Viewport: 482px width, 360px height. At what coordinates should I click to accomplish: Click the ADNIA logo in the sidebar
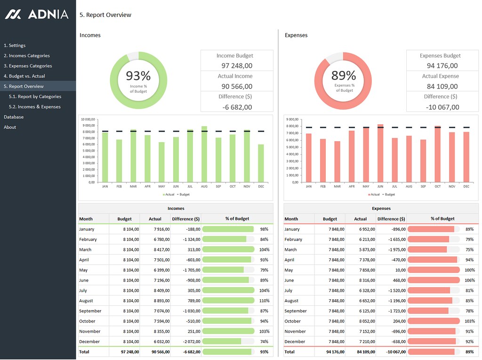[x=37, y=14]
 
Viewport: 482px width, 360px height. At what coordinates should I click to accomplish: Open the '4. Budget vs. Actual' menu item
[x=24, y=76]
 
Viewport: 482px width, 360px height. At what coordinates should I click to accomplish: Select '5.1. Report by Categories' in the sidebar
[x=35, y=96]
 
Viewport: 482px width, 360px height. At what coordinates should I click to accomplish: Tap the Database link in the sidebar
[x=14, y=117]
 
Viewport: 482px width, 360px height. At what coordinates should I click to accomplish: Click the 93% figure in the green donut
[x=138, y=76]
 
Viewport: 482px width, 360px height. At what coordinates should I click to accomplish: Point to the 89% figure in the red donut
[x=344, y=75]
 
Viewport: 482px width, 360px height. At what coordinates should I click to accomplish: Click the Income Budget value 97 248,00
[x=237, y=65]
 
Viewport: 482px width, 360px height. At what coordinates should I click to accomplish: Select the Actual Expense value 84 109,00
[x=442, y=87]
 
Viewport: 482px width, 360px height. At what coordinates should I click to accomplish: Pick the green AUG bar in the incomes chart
[x=204, y=154]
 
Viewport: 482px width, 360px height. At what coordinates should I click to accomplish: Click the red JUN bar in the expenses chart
[x=380, y=153]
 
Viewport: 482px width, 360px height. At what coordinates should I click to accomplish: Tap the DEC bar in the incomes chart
[x=261, y=163]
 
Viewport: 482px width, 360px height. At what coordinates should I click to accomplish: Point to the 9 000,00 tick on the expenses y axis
[x=292, y=119]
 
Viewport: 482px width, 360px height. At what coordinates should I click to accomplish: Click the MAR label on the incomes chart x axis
[x=133, y=186]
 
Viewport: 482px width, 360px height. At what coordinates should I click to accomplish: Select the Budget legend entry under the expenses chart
[x=388, y=194]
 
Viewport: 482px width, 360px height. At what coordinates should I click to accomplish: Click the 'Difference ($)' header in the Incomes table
[x=185, y=219]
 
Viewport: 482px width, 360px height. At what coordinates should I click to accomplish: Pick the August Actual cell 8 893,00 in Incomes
[x=162, y=301]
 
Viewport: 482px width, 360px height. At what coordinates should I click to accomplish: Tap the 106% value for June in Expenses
[x=470, y=280]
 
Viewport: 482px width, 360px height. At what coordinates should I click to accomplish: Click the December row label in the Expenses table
[x=295, y=342]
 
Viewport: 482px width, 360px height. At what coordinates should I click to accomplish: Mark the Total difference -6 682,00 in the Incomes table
[x=192, y=352]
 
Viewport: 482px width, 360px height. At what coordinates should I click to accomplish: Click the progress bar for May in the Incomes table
[x=228, y=270]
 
